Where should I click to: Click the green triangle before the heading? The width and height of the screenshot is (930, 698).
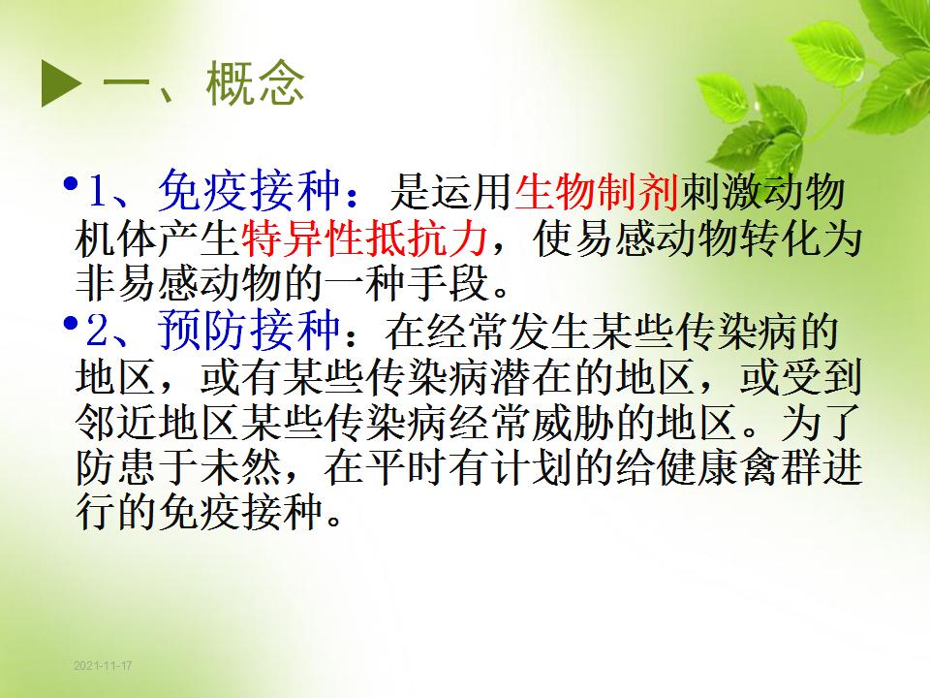(x=60, y=83)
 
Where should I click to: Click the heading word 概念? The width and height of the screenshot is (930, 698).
(x=255, y=83)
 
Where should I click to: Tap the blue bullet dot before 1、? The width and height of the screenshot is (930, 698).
(x=71, y=183)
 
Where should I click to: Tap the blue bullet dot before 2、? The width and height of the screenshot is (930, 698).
(x=71, y=324)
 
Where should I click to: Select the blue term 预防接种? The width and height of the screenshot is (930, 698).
(x=249, y=330)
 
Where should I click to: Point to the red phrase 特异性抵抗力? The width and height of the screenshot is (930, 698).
(x=365, y=238)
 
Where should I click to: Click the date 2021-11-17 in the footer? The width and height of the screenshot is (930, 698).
(x=103, y=665)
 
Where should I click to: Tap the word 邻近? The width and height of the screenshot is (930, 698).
(x=116, y=423)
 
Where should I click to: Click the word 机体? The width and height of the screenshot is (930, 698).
(x=116, y=238)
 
